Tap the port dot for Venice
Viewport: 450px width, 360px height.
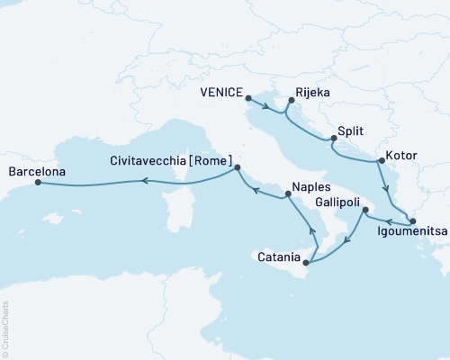click(247, 101)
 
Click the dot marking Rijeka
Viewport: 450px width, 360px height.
click(291, 101)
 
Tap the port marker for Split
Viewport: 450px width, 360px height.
click(334, 138)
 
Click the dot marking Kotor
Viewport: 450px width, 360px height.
click(382, 161)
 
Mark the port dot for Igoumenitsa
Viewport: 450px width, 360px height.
click(412, 220)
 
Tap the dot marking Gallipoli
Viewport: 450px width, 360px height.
click(365, 211)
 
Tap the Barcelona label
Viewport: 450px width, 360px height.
click(35, 168)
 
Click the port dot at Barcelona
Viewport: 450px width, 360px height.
click(38, 183)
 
